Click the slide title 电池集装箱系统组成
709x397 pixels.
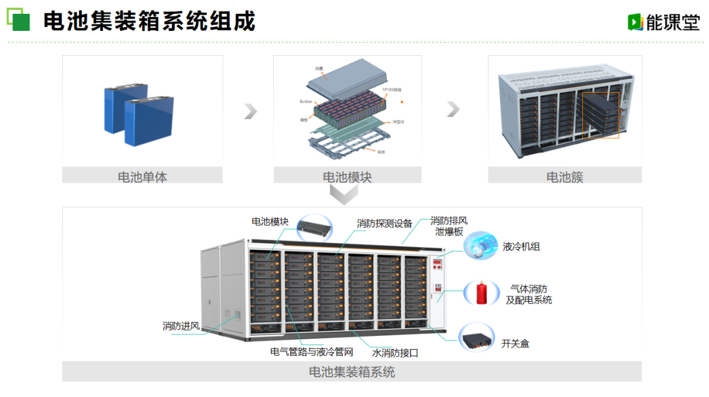[x=149, y=21]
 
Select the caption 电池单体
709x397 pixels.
[x=142, y=177]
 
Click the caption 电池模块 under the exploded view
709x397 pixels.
[x=347, y=177]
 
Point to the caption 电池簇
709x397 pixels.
[x=565, y=177]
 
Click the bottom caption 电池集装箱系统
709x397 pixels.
[x=352, y=372]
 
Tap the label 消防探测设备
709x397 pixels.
[x=385, y=223]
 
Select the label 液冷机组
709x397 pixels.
[x=521, y=246]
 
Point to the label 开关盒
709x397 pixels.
[x=515, y=342]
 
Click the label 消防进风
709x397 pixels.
[x=181, y=326]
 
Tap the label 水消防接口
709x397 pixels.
[x=395, y=352]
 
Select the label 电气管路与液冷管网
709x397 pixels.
[x=312, y=352]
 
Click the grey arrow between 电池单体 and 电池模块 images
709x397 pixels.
[x=249, y=111]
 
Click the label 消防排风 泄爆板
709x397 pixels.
[x=449, y=226]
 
